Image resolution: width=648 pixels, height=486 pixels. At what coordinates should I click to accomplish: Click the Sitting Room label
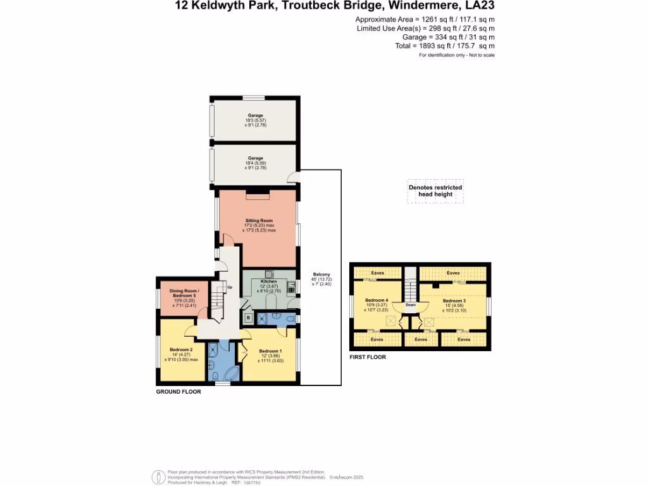click(x=259, y=221)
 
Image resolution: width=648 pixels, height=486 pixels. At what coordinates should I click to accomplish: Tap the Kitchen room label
click(x=270, y=280)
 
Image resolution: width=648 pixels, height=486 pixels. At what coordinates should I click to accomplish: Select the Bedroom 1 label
click(x=270, y=351)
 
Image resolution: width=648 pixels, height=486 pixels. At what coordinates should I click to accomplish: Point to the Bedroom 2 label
click(x=181, y=350)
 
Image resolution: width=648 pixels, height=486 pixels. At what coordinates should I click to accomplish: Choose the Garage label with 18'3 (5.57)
click(x=256, y=116)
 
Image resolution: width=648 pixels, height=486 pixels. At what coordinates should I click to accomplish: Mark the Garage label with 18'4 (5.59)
click(x=256, y=158)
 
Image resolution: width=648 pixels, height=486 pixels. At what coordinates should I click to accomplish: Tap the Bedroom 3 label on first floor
click(x=454, y=301)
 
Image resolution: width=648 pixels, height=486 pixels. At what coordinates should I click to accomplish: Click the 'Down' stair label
click(x=410, y=305)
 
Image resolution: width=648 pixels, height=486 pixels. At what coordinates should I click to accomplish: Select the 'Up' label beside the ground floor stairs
click(x=229, y=287)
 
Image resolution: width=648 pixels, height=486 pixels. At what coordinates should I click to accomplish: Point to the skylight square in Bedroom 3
click(x=429, y=322)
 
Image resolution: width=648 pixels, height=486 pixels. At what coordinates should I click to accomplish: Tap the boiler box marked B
click(x=249, y=317)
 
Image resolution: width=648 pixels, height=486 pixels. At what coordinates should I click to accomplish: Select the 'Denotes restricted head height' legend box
click(x=435, y=191)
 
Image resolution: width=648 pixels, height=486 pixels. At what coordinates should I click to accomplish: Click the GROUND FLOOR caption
click(x=178, y=392)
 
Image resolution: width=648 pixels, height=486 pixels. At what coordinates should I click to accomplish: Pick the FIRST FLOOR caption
click(x=368, y=358)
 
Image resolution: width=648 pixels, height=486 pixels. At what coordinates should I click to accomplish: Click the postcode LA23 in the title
click(x=480, y=6)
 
